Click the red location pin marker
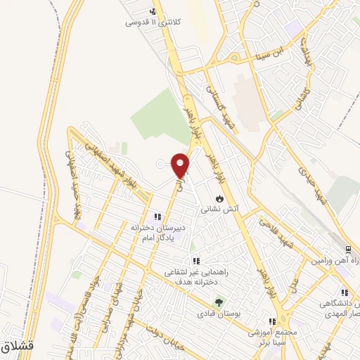pos(181,166)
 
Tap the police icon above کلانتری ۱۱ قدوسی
pos(153,11)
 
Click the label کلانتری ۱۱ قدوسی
pos(153,22)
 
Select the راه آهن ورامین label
pos(337,261)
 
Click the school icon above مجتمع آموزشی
pos(272,321)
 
